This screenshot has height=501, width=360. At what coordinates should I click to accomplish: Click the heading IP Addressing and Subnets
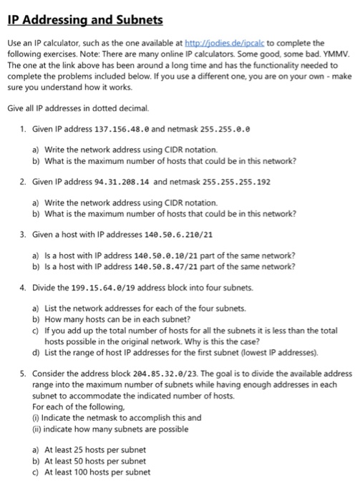85,20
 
